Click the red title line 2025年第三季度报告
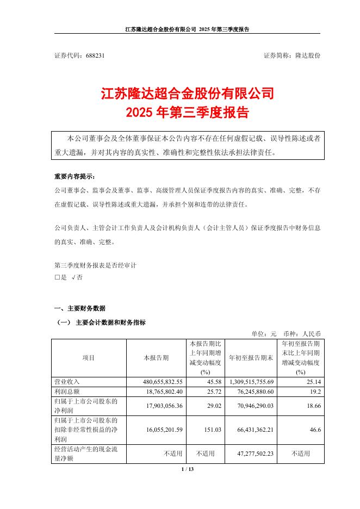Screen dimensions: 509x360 click(187, 113)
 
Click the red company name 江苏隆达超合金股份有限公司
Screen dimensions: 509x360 click(187, 94)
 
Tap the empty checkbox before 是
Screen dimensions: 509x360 click(57, 277)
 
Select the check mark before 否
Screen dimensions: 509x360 click(72, 277)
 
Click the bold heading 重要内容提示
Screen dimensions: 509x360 click(74, 177)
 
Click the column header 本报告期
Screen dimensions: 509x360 click(156, 358)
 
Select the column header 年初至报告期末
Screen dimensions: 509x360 click(250, 358)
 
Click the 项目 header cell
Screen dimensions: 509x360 click(89, 358)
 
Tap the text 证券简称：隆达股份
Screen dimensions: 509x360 click(291, 55)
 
